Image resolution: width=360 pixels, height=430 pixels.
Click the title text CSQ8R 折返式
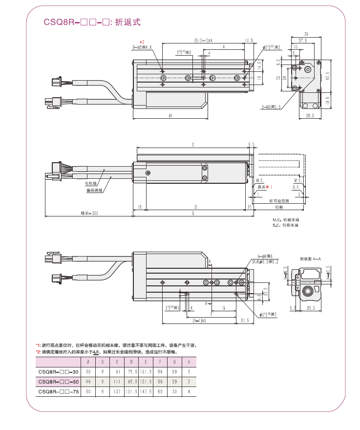click(x=92, y=22)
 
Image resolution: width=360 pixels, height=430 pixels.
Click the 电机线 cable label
click(x=91, y=184)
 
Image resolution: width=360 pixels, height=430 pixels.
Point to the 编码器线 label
click(x=95, y=191)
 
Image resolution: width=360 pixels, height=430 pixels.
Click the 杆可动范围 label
click(x=279, y=201)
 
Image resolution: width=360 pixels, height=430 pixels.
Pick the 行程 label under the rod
click(x=279, y=207)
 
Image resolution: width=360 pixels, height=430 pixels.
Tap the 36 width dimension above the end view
click(x=306, y=34)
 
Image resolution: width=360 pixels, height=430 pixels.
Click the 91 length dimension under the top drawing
click(x=170, y=116)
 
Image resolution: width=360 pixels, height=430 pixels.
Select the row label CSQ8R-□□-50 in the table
click(x=58, y=382)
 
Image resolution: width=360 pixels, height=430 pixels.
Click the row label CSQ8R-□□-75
click(x=58, y=391)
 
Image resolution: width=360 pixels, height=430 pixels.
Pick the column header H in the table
click(x=189, y=362)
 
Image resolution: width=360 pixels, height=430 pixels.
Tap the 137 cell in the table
click(x=117, y=391)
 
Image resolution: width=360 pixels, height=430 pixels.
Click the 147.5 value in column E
click(x=146, y=391)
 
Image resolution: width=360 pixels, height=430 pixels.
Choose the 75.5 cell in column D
click(x=132, y=372)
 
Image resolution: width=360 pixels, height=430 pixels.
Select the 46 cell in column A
click(x=88, y=382)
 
